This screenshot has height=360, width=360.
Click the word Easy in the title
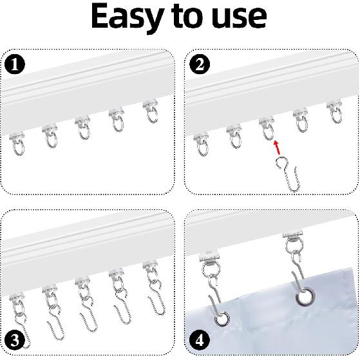(129, 18)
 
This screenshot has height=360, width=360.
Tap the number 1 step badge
(14, 65)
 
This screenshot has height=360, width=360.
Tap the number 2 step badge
(199, 65)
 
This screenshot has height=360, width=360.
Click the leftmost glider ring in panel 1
(19, 146)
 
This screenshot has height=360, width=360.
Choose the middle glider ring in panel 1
(83, 131)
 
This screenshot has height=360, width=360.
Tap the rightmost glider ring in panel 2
(334, 115)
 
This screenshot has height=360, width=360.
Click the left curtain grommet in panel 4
(222, 317)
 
